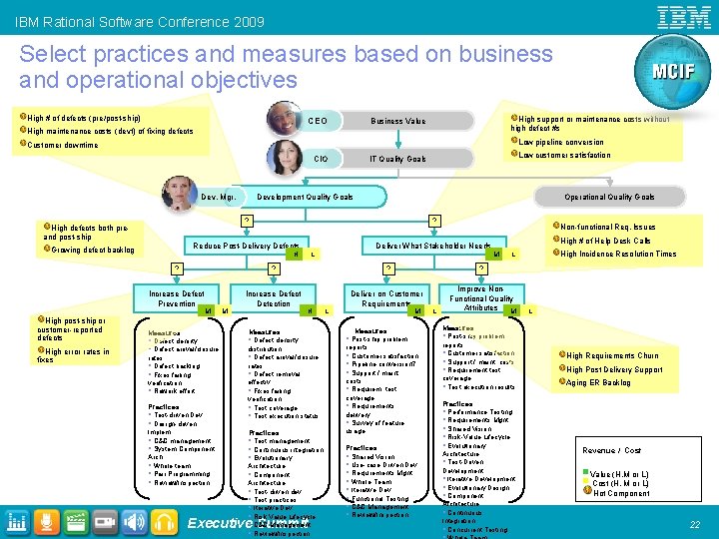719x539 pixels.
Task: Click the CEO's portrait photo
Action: tap(284, 119)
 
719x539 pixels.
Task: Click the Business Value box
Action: tap(398, 121)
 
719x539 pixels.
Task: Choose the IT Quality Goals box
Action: tap(398, 159)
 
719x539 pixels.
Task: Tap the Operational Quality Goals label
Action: tap(609, 198)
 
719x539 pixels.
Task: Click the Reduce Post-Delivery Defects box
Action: tap(246, 246)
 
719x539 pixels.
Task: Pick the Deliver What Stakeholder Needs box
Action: tap(432, 246)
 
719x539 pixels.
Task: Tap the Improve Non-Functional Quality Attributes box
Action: tap(480, 298)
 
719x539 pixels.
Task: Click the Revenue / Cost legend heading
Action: tap(612, 451)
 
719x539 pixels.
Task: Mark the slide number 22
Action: tap(694, 524)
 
